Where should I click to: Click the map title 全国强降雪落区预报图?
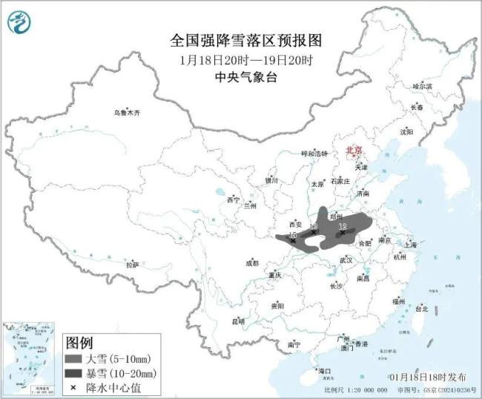240,40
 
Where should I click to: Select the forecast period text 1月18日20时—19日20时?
240,59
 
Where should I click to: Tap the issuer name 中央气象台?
240,76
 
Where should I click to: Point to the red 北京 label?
354,150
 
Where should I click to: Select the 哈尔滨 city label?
422,86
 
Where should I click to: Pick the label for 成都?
252,263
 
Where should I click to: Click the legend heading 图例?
79,343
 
